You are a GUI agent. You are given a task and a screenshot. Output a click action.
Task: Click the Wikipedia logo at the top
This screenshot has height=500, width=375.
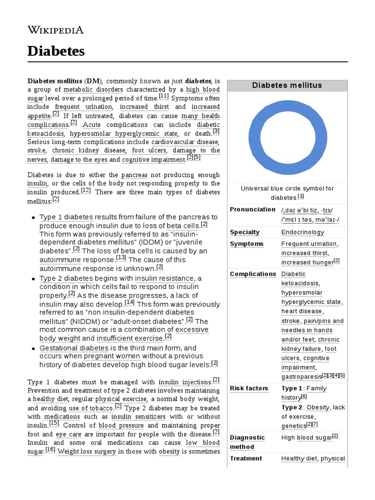pyautogui.click(x=55, y=30)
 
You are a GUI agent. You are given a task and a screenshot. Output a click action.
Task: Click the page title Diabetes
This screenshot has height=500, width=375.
pyautogui.click(x=56, y=51)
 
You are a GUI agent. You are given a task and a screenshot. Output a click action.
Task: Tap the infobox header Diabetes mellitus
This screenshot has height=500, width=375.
pyautogui.click(x=287, y=85)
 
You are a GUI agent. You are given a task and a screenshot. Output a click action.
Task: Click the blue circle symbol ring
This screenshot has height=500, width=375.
pyautogui.click(x=287, y=108)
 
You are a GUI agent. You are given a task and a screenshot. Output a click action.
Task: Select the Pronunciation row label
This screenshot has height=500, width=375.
pyautogui.click(x=252, y=209)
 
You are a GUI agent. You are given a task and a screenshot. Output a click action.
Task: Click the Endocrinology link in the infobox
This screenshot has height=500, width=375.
pyautogui.click(x=302, y=232)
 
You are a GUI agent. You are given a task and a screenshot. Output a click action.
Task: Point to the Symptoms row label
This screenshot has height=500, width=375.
pyautogui.click(x=247, y=244)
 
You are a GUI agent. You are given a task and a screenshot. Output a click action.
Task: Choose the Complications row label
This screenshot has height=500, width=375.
pyautogui.click(x=253, y=274)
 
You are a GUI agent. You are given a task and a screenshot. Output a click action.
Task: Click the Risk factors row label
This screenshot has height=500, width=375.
pyautogui.click(x=249, y=388)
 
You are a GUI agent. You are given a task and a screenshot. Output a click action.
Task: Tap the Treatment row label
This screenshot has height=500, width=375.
pyautogui.click(x=246, y=458)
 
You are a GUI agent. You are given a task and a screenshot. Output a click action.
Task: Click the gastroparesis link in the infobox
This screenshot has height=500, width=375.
pyautogui.click(x=301, y=377)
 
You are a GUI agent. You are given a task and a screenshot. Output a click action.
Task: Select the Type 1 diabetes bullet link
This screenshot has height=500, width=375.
pyautogui.click(x=66, y=217)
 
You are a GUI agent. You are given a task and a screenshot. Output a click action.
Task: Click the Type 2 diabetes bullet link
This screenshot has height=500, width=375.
pyautogui.click(x=66, y=278)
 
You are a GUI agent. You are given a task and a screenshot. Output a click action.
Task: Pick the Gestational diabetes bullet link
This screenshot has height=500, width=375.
pyautogui.click(x=74, y=348)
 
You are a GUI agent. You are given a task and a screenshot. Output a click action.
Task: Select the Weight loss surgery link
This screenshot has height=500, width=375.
pyautogui.click(x=86, y=452)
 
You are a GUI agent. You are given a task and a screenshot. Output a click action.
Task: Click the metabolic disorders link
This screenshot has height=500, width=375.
pyautogui.click(x=93, y=90)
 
